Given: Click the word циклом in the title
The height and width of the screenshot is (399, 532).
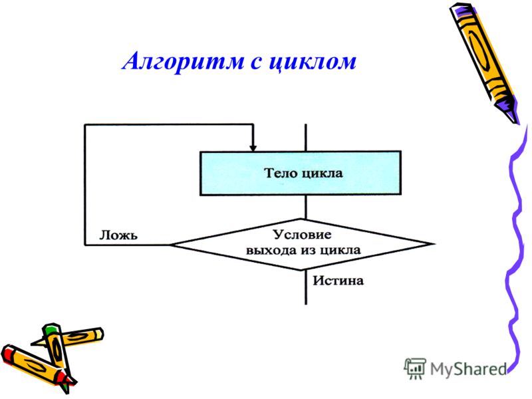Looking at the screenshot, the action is pyautogui.click(x=313, y=62).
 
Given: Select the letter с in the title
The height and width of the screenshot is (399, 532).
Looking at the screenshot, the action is pyautogui.click(x=257, y=63).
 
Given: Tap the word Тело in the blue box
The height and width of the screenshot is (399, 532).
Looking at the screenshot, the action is pyautogui.click(x=281, y=173).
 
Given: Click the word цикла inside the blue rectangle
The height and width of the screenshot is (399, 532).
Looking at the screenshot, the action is pyautogui.click(x=323, y=174).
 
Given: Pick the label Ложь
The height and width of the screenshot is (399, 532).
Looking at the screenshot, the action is pyautogui.click(x=118, y=235).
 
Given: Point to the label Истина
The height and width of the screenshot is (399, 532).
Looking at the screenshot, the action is pyautogui.click(x=338, y=281).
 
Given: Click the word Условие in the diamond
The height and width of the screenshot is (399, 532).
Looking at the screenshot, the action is pyautogui.click(x=303, y=235).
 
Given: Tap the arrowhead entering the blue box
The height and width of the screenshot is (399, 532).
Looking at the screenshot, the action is pyautogui.click(x=253, y=148).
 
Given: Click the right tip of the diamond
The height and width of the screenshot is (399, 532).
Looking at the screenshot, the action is pyautogui.click(x=434, y=243).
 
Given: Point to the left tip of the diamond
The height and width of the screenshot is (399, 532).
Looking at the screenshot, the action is pyautogui.click(x=170, y=245).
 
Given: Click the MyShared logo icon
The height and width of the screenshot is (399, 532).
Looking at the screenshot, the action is pyautogui.click(x=414, y=368).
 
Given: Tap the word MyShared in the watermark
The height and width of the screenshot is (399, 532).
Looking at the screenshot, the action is pyautogui.click(x=468, y=369).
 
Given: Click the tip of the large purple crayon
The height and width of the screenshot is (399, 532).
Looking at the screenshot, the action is pyautogui.click(x=517, y=123).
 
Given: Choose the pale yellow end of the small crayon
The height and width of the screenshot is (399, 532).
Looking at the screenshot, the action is pyautogui.click(x=98, y=334).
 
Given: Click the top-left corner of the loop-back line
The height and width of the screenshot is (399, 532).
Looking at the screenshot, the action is pyautogui.click(x=85, y=125).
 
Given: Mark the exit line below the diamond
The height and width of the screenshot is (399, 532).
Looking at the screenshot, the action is pyautogui.click(x=306, y=287).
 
